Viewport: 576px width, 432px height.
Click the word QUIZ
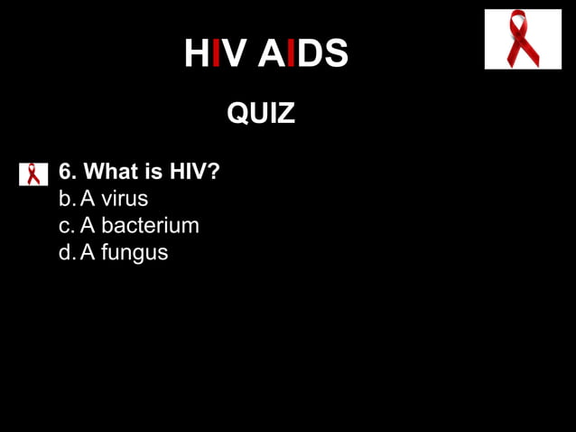[261, 114]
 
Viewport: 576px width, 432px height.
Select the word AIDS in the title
[303, 55]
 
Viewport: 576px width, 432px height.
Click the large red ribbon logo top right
[523, 40]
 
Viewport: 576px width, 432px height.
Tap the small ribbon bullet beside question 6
[33, 174]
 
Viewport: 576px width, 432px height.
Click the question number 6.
[65, 172]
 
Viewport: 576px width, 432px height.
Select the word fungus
[135, 252]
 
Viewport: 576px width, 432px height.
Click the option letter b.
[65, 198]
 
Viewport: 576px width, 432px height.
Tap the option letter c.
[65, 225]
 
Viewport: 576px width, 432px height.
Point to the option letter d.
[65, 252]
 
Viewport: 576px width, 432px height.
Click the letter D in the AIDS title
[310, 55]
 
